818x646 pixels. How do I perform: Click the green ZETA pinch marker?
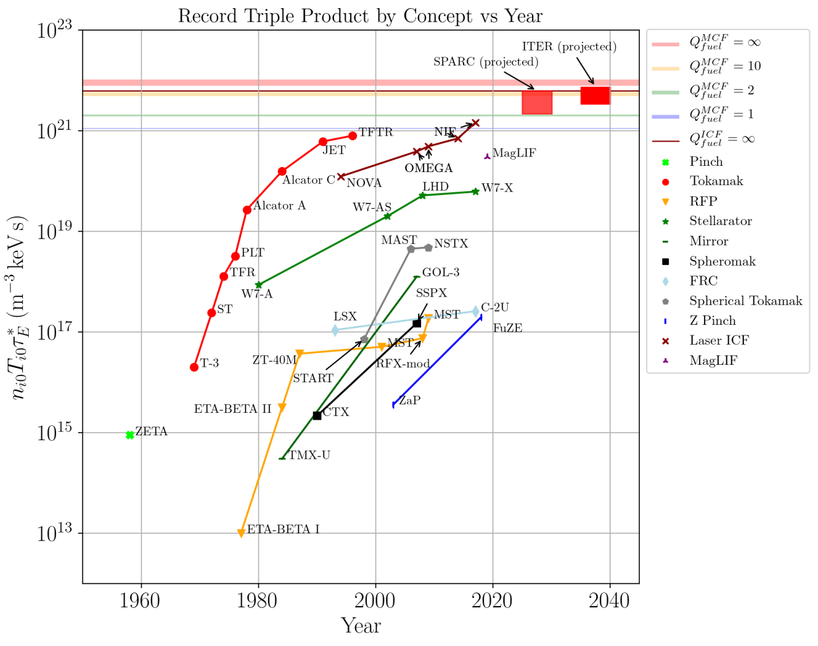click(x=130, y=435)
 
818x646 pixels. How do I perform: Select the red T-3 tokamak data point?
click(x=194, y=367)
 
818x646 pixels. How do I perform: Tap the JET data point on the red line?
click(x=323, y=142)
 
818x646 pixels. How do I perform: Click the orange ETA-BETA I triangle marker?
click(x=241, y=533)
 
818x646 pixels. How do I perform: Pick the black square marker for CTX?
click(x=317, y=415)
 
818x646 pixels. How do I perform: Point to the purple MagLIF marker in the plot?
click(x=487, y=156)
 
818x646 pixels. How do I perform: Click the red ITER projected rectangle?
click(x=595, y=95)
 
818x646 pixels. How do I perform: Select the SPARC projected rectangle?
click(x=536, y=103)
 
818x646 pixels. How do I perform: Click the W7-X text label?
click(x=497, y=188)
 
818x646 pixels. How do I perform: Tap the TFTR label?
click(x=376, y=132)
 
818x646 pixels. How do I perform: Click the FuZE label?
click(x=507, y=329)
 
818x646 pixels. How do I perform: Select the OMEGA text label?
click(x=429, y=168)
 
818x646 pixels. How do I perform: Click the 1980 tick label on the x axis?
click(x=258, y=601)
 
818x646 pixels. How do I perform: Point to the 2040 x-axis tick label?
click(x=609, y=601)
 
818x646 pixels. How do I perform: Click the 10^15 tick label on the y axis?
click(x=54, y=432)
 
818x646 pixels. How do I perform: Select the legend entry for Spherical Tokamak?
click(x=745, y=301)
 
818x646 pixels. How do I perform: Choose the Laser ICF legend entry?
click(x=719, y=340)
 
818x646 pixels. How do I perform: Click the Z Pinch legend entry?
click(x=712, y=321)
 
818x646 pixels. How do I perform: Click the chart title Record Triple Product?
click(x=360, y=16)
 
